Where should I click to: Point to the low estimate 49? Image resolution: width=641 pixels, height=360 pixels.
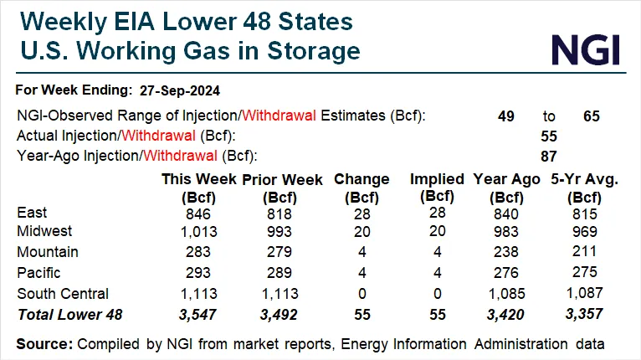(508, 116)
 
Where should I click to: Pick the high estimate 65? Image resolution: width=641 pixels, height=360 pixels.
(592, 116)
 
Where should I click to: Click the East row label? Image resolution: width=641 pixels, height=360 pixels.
(32, 213)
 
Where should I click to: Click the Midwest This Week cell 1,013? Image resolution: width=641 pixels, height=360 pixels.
(199, 231)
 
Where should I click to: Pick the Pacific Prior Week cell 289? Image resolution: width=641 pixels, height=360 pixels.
(275, 272)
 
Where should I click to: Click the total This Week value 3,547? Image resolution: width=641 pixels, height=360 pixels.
(199, 313)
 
